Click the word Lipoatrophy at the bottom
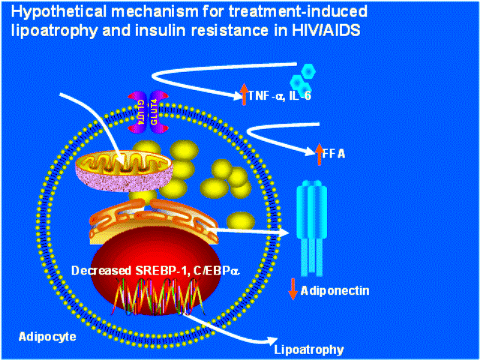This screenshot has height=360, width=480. pyautogui.click(x=309, y=349)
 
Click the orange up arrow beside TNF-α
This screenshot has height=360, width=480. pyautogui.click(x=243, y=94)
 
